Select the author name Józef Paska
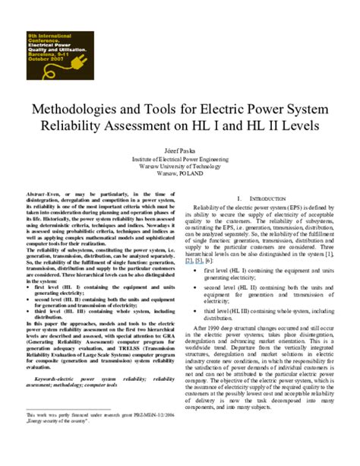pos(179,151)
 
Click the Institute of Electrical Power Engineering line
pos(179,158)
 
